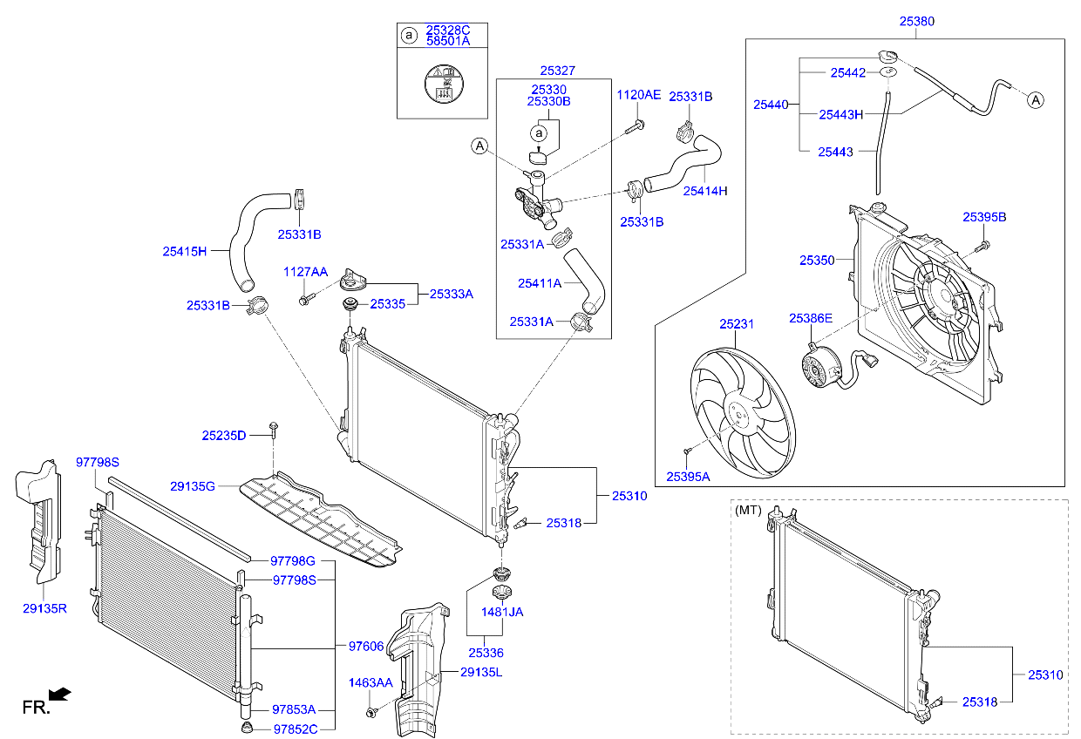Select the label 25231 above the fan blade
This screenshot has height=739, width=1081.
click(x=737, y=324)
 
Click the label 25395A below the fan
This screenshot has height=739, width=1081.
click(x=688, y=477)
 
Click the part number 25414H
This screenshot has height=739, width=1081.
click(x=704, y=191)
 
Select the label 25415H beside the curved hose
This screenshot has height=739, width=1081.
click(x=184, y=252)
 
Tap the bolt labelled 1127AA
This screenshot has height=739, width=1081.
click(x=304, y=300)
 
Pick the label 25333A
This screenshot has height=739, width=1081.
click(x=451, y=295)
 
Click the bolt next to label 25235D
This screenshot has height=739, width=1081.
click(x=274, y=428)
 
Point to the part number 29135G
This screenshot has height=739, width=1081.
click(x=193, y=485)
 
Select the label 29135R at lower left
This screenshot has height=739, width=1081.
click(x=44, y=608)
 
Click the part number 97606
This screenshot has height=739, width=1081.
click(x=366, y=646)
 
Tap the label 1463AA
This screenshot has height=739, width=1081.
click(x=371, y=682)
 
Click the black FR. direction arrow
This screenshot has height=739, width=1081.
click(x=59, y=694)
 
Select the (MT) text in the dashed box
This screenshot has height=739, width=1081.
click(x=748, y=508)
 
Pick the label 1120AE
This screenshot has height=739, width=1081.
click(x=639, y=94)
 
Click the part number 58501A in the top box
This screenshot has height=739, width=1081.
click(x=447, y=41)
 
